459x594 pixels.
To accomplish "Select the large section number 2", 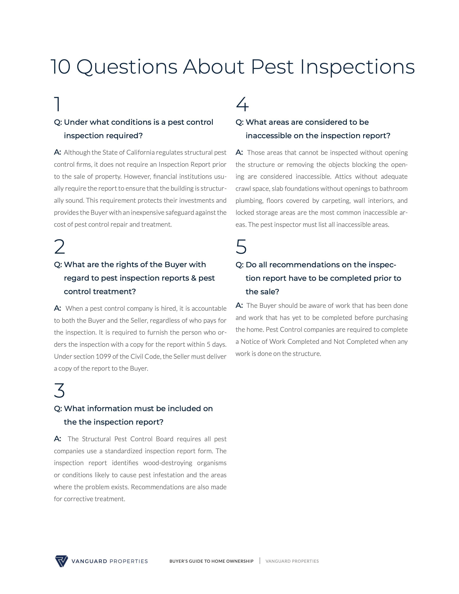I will tap(60, 247).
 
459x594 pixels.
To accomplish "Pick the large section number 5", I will tap(241, 247).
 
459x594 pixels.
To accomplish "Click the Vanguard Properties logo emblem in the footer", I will tap(61, 561).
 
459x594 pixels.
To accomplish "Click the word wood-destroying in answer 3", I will tap(168, 463).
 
